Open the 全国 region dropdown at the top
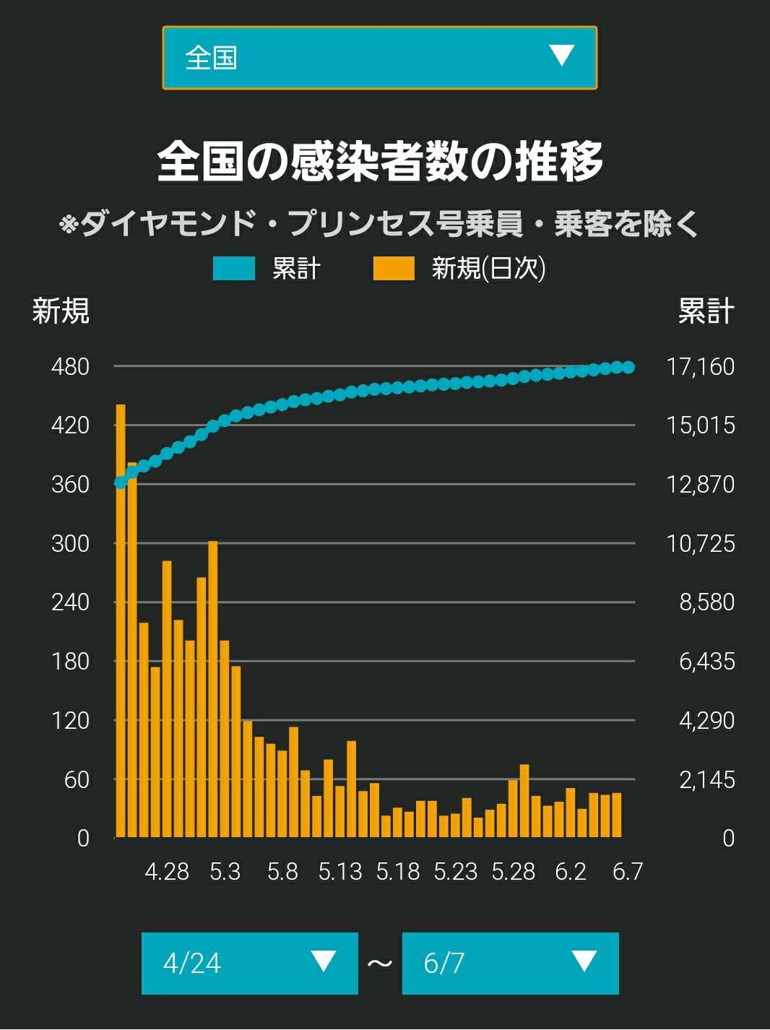[x=380, y=58]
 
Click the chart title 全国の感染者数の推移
[x=380, y=161]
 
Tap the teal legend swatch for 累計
[x=234, y=269]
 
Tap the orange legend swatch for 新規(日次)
[x=394, y=269]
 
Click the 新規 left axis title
[x=61, y=311]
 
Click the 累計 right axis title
[x=706, y=311]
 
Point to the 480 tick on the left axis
[x=70, y=366]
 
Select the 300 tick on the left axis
[x=70, y=544]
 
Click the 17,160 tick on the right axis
[x=701, y=366]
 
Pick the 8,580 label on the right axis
[x=706, y=602]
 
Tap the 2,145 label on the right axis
[x=706, y=779]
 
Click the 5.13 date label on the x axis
[x=340, y=872]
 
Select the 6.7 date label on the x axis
[x=628, y=872]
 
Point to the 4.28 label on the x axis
[x=167, y=872]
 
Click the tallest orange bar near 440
[x=121, y=620]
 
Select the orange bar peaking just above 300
[x=212, y=689]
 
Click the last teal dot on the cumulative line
[x=628, y=368]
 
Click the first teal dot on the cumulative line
[x=121, y=482]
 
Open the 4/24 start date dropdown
[x=250, y=964]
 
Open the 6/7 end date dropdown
[x=511, y=964]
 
